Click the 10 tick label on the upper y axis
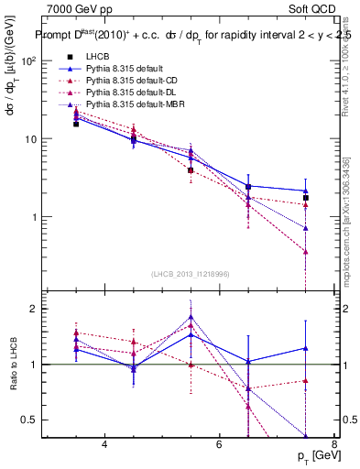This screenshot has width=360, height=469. [30, 139]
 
